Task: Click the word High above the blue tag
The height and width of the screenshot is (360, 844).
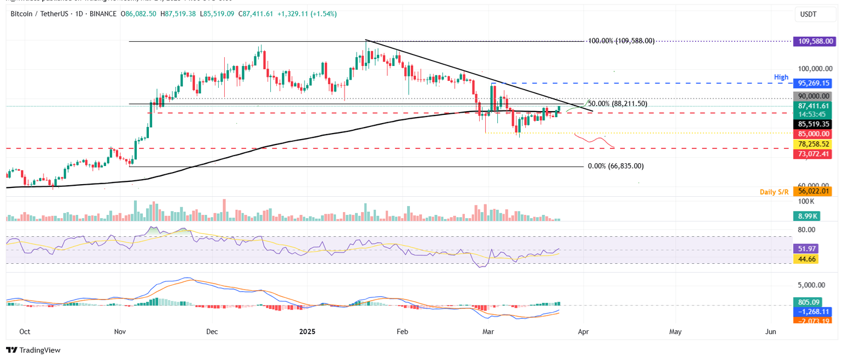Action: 781,77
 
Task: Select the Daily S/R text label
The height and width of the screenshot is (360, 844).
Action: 773,191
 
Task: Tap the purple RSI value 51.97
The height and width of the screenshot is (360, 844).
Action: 805,248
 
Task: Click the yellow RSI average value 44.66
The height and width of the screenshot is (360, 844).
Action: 805,258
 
